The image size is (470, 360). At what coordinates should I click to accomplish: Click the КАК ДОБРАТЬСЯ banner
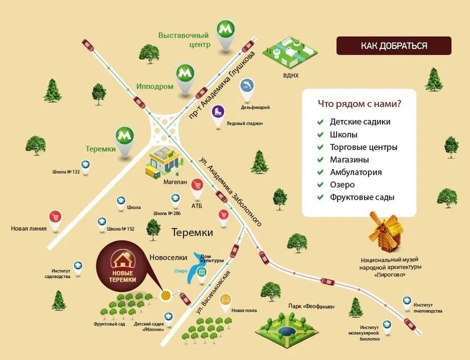(394, 45)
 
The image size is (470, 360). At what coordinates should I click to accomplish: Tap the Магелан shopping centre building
(164, 159)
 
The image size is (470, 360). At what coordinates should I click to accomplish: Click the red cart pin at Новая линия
(55, 218)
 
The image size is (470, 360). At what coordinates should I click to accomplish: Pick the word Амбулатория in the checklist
(356, 172)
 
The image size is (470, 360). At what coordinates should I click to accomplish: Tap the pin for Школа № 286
(176, 198)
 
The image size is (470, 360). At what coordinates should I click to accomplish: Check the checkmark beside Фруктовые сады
(320, 197)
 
